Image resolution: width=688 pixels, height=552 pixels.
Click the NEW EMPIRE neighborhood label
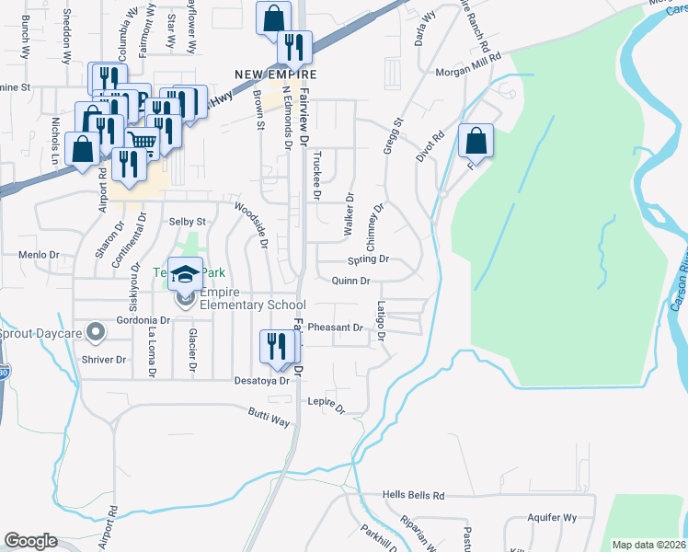click(x=275, y=75)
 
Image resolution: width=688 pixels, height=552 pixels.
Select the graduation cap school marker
click(x=185, y=274)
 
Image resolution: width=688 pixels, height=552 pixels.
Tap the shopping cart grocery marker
click(x=142, y=142)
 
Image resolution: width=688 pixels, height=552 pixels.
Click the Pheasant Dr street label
click(x=335, y=328)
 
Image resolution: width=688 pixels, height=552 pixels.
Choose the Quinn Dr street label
click(x=350, y=282)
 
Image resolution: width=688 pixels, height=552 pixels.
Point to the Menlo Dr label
click(x=39, y=255)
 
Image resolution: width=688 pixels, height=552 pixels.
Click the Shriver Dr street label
click(x=103, y=360)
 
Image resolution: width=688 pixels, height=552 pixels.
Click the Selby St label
click(x=187, y=222)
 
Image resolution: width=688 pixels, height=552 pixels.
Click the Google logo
click(x=30, y=540)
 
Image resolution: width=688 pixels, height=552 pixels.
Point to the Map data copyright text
click(x=649, y=545)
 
